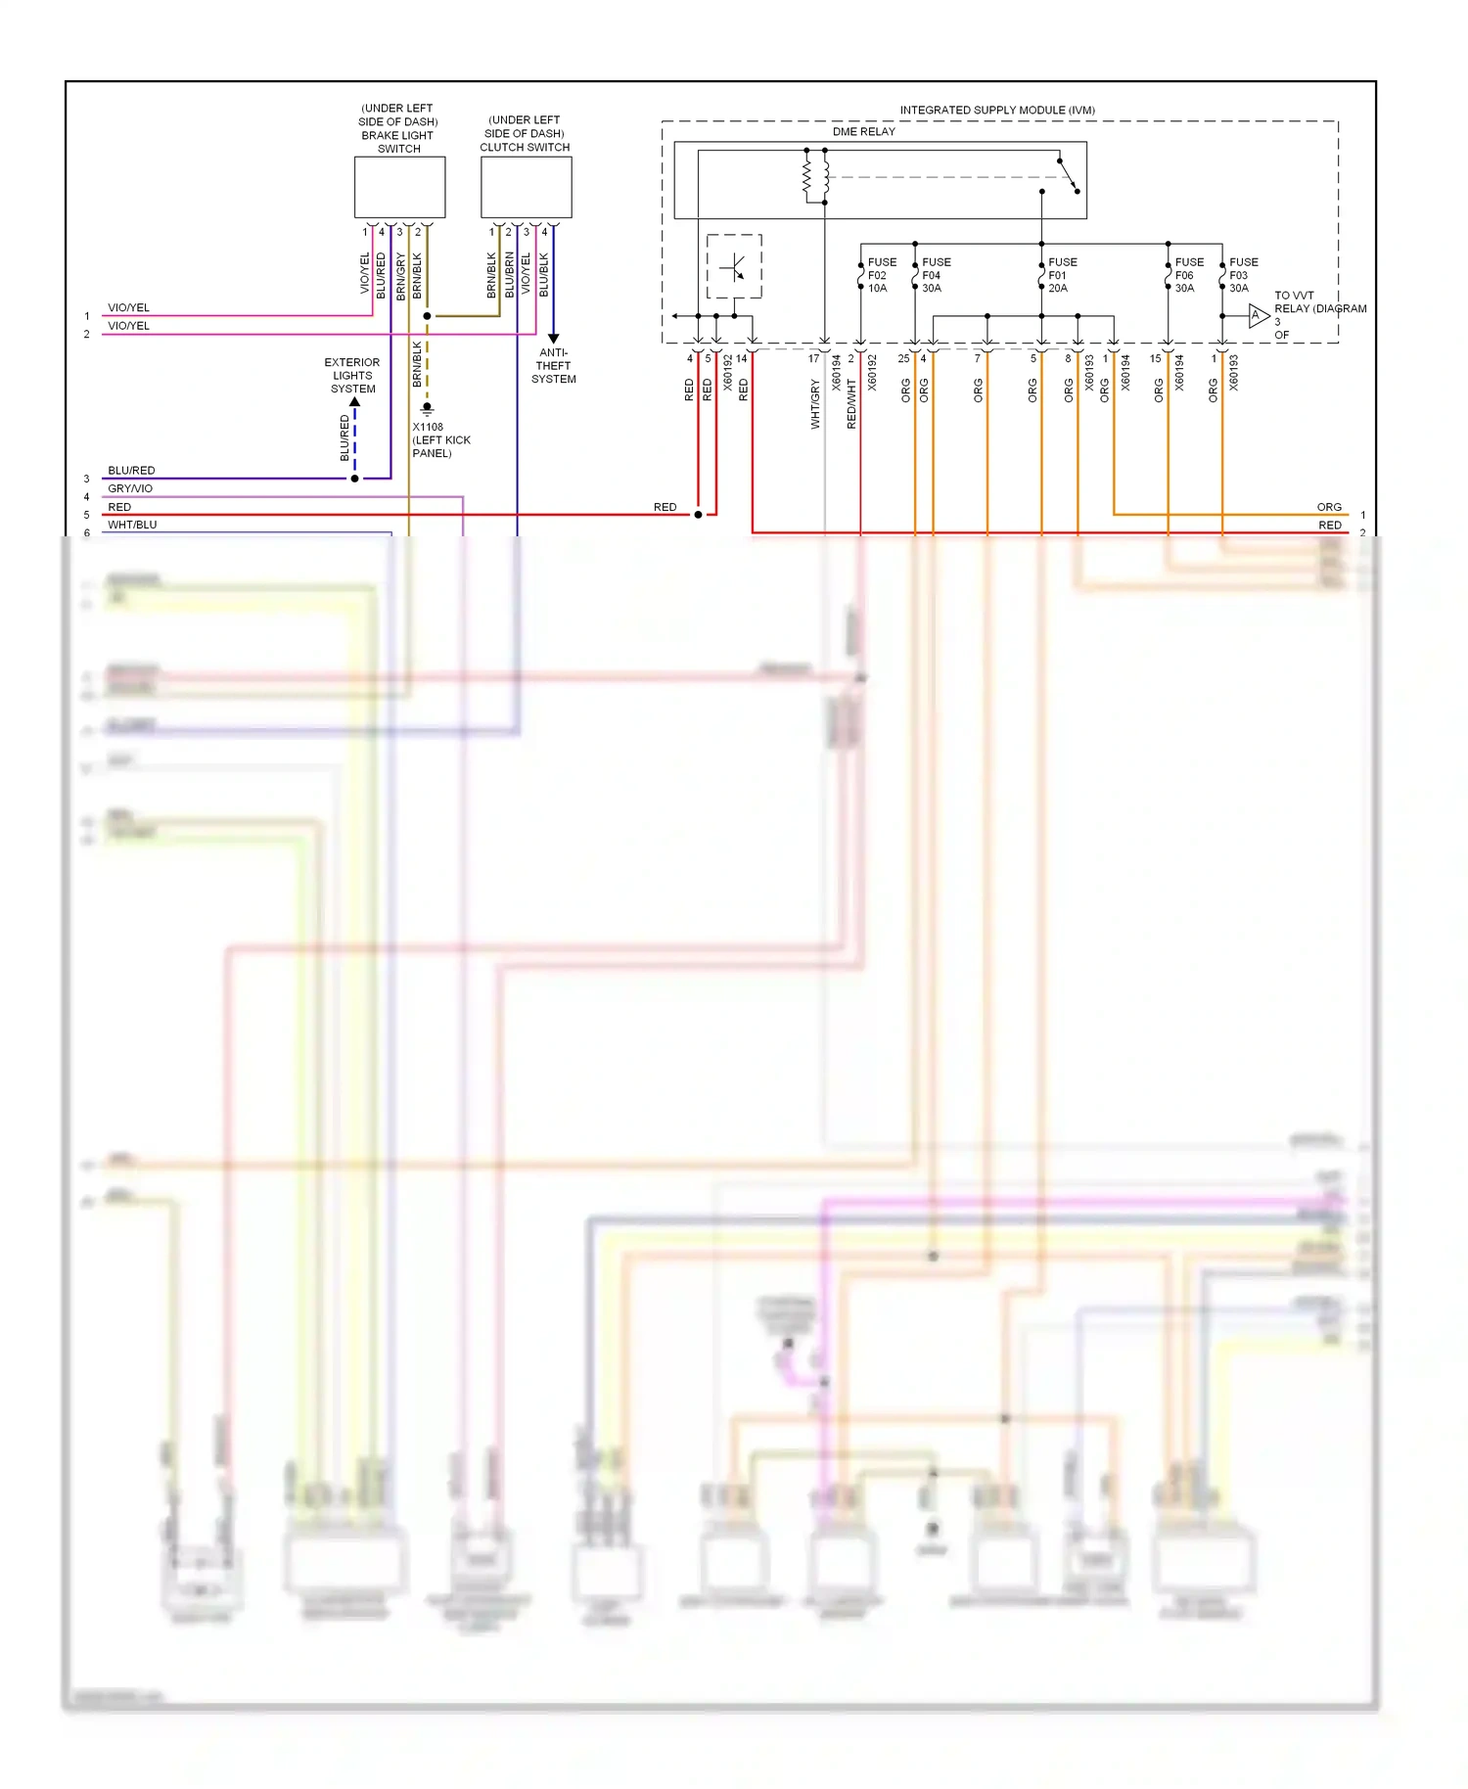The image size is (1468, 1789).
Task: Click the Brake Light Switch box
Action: point(399,187)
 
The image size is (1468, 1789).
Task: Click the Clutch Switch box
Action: point(526,187)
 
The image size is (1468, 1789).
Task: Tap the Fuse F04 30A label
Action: point(935,275)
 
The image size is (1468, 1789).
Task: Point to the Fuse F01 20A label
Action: point(1062,275)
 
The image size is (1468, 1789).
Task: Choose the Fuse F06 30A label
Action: point(1188,275)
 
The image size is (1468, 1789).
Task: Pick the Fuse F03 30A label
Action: point(1243,275)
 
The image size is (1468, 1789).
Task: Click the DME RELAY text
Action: point(863,131)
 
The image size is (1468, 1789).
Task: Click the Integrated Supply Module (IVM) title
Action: point(996,110)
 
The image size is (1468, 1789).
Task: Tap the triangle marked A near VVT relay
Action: point(1258,315)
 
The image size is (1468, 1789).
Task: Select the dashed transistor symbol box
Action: point(734,266)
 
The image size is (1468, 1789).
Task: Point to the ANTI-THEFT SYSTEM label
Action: point(553,366)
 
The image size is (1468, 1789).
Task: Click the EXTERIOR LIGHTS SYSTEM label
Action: point(352,376)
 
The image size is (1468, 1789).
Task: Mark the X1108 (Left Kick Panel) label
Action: point(440,440)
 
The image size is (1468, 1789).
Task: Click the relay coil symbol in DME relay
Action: point(816,176)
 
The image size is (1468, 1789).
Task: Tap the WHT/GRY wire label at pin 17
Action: point(814,404)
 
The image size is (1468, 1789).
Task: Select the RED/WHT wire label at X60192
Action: point(850,404)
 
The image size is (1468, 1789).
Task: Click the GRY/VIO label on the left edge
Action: point(130,488)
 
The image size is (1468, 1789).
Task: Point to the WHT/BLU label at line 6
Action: point(132,525)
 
